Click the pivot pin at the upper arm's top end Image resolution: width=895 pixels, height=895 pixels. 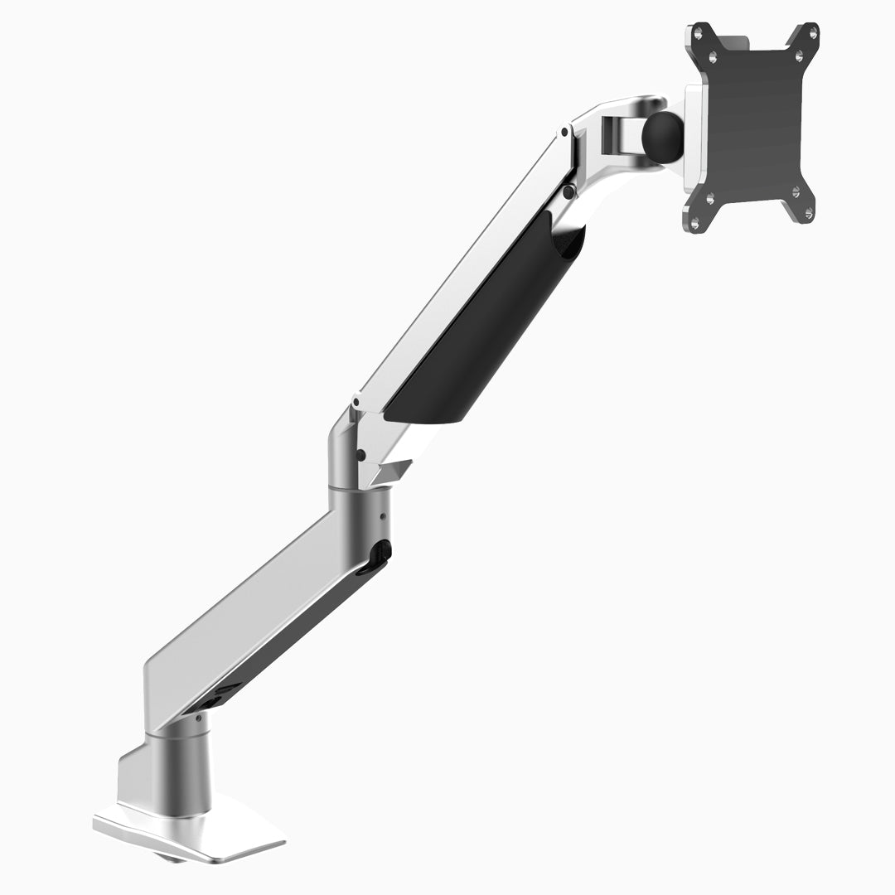tap(564, 131)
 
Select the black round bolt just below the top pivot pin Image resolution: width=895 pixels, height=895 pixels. tap(568, 191)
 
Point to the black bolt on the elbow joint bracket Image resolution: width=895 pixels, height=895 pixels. tap(360, 454)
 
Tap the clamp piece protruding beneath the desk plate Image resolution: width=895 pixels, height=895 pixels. tap(173, 859)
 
